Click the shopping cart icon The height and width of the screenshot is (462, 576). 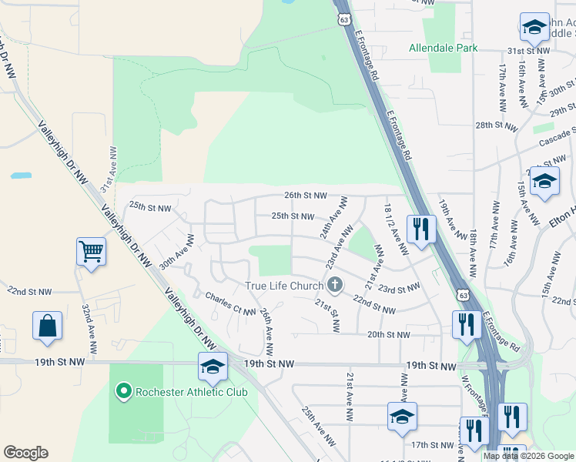91,252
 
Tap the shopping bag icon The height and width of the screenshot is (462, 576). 47,325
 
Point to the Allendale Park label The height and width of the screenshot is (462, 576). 444,48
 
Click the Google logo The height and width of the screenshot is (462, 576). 25,453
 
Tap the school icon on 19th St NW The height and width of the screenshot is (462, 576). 213,367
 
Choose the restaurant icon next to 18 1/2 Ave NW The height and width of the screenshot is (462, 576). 420,229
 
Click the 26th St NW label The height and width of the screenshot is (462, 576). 306,196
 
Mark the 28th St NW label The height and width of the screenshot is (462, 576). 494,125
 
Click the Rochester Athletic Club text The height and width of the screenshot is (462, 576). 191,392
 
